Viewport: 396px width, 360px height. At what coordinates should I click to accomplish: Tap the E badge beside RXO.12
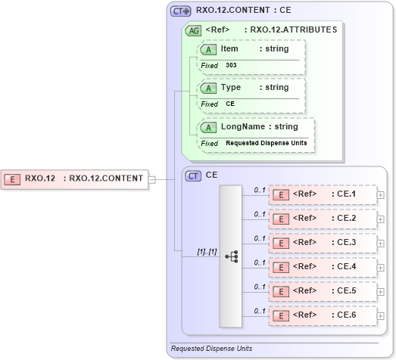12,179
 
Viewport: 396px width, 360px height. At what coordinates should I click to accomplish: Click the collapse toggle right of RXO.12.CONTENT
151,179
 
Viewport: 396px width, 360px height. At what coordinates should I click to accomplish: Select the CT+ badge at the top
180,11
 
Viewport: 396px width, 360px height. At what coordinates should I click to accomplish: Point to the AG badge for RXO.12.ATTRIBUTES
193,30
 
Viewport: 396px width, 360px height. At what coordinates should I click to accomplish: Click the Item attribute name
229,48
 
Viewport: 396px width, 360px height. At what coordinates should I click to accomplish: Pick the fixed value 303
231,66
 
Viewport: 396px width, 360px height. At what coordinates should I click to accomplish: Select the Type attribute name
230,87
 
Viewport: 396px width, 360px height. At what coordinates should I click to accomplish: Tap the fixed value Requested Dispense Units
266,143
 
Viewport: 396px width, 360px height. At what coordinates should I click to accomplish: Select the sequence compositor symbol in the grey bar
232,256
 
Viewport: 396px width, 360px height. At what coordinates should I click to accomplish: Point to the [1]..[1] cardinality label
207,252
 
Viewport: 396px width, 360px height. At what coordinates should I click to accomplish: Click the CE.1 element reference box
323,195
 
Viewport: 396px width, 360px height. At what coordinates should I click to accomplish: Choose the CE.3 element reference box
323,243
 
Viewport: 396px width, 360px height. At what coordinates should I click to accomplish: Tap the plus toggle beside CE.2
380,219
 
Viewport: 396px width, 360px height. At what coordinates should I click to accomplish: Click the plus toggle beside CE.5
380,291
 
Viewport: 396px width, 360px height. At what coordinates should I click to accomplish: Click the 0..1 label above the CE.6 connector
259,311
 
